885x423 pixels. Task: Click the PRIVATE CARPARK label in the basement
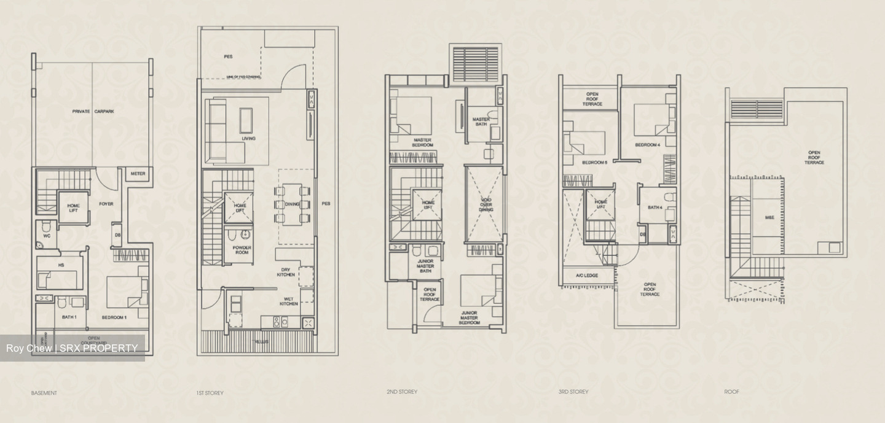click(93, 112)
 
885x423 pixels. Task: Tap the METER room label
click(138, 174)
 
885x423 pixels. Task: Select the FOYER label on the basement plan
click(106, 204)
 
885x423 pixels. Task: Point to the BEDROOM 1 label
click(114, 317)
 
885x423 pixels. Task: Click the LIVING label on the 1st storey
click(248, 139)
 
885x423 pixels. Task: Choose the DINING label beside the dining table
click(292, 204)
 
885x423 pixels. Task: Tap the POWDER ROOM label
click(242, 251)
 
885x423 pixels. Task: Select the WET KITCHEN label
click(289, 301)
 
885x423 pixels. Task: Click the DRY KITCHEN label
click(285, 271)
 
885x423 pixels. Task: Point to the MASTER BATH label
click(481, 122)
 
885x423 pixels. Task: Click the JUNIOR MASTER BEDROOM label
click(470, 317)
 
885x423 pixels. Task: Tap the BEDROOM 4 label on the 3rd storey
click(648, 146)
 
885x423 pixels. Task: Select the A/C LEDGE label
click(586, 276)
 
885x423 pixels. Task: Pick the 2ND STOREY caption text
click(401, 392)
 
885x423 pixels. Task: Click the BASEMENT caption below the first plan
click(44, 393)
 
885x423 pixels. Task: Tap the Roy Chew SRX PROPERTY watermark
click(72, 348)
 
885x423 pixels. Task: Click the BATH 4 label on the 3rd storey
click(655, 208)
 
